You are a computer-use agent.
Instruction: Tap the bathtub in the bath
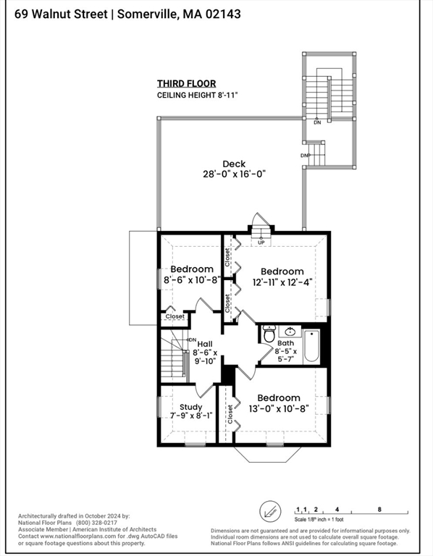312,346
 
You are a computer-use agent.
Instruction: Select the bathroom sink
290,331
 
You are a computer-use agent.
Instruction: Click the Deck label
234,164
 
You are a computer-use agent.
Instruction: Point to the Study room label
190,407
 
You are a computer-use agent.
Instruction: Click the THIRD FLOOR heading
187,84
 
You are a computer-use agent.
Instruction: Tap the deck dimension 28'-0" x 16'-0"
234,174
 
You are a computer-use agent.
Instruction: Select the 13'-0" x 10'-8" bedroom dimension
278,409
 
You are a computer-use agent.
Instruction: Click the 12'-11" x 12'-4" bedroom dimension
282,282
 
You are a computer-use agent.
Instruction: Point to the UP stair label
261,243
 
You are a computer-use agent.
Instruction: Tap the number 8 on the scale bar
379,509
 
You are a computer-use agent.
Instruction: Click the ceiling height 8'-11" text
197,96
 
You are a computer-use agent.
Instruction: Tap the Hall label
205,344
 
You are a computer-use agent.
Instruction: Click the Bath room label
285,343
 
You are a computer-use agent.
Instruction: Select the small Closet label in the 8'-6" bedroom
175,316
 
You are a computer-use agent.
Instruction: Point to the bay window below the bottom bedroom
267,454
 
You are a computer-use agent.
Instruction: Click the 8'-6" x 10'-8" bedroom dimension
192,279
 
